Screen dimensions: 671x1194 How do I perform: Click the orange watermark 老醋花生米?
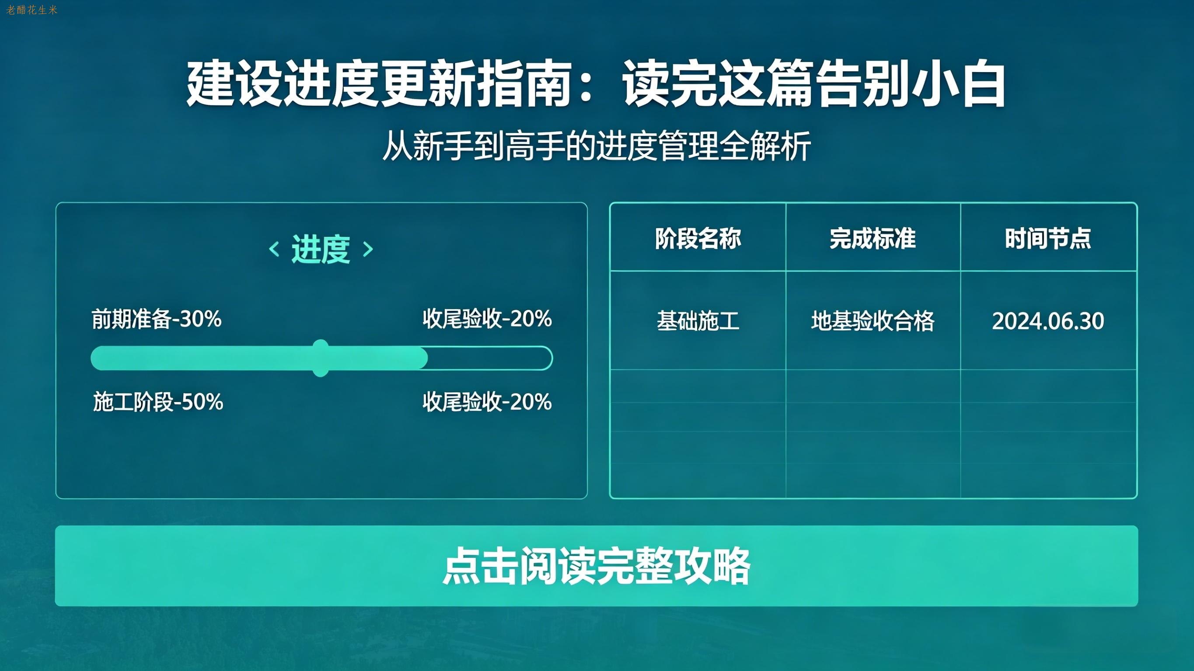pos(31,10)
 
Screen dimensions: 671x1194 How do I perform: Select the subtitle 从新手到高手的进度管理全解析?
pos(597,146)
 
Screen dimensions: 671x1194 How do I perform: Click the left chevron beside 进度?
pos(274,249)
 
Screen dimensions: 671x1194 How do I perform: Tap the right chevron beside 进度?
pos(368,249)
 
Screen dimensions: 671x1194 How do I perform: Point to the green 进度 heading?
pos(321,249)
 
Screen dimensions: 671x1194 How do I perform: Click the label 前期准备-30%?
pos(157,319)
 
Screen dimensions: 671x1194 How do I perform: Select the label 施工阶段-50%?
pos(158,402)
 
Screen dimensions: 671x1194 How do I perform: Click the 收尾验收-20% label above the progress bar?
pos(487,319)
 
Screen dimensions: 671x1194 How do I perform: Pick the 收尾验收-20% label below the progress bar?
pos(487,402)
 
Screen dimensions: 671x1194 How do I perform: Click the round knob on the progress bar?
pos(320,358)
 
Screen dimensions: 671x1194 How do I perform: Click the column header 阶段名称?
pos(698,239)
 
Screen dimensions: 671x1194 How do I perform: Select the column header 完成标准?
pos(873,239)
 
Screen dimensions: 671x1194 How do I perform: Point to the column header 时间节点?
pos(1048,239)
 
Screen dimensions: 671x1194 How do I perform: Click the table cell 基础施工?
pos(698,321)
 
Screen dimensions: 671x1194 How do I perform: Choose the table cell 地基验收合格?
pos(873,321)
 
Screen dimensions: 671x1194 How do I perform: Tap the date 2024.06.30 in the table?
pos(1048,321)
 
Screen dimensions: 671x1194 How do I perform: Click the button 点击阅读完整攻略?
pos(597,566)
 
